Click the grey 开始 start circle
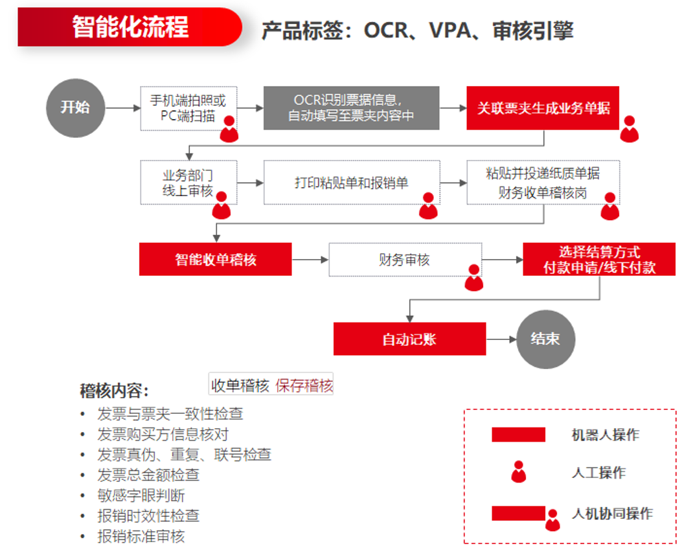pyautogui.click(x=75, y=108)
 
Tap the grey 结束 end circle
pyautogui.click(x=546, y=339)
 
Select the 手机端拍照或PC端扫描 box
pyautogui.click(x=188, y=108)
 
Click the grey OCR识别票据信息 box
pyautogui.click(x=351, y=108)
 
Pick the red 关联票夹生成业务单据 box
pyautogui.click(x=543, y=108)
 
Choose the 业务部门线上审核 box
pyautogui.click(x=188, y=182)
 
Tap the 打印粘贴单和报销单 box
pyautogui.click(x=351, y=183)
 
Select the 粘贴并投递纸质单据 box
pyautogui.click(x=543, y=183)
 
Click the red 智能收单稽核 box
pyautogui.click(x=215, y=259)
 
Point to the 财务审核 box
pyautogui.click(x=404, y=260)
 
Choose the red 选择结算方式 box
pyautogui.click(x=599, y=259)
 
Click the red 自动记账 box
pyautogui.click(x=409, y=339)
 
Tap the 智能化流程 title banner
pyautogui.click(x=130, y=28)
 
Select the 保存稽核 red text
pyautogui.click(x=304, y=386)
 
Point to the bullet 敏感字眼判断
pyautogui.click(x=141, y=495)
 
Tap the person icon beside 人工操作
pyautogui.click(x=518, y=472)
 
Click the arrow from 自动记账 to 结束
pyautogui.click(x=501, y=339)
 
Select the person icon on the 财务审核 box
pyautogui.click(x=473, y=277)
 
